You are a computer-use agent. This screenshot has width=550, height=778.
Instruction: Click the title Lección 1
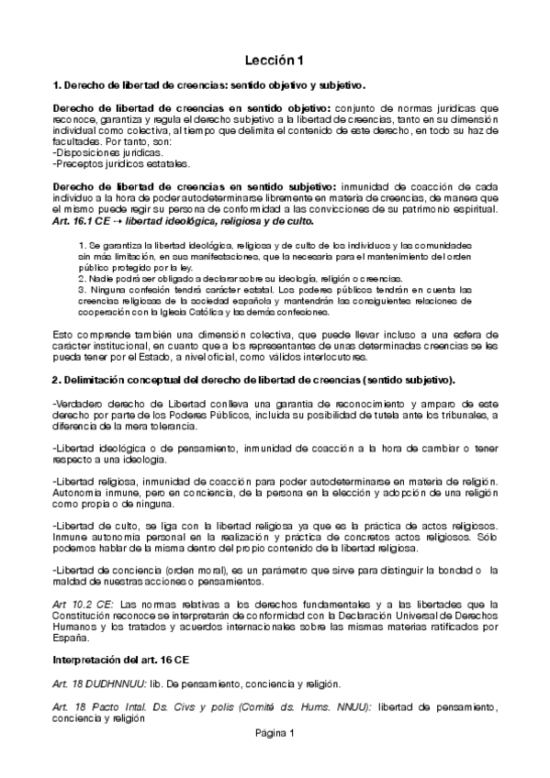tap(274, 61)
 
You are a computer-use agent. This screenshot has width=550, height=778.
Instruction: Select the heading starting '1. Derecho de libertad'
tap(209, 86)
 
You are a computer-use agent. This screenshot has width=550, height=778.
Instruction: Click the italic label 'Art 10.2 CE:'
tap(84, 603)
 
